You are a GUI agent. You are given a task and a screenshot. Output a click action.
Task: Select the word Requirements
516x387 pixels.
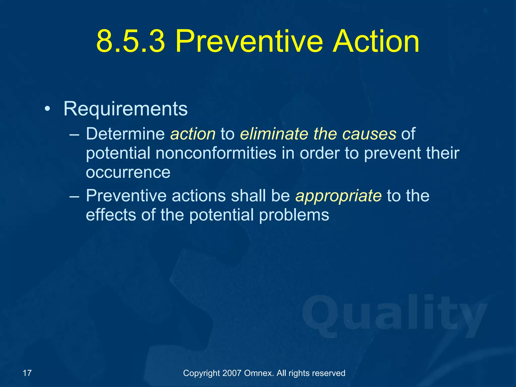click(125, 109)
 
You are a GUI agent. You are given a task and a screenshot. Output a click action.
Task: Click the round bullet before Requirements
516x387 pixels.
click(47, 109)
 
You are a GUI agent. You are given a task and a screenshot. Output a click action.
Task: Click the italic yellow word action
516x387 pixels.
click(193, 134)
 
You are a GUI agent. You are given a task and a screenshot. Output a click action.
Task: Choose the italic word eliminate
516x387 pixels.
click(274, 134)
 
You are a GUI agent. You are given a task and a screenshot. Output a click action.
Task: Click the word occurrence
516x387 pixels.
click(128, 173)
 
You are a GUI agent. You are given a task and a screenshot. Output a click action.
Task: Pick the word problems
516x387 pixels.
click(294, 215)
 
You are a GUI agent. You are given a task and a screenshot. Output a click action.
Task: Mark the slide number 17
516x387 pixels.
click(27, 373)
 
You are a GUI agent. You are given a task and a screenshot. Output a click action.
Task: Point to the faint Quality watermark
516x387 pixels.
click(394, 316)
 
